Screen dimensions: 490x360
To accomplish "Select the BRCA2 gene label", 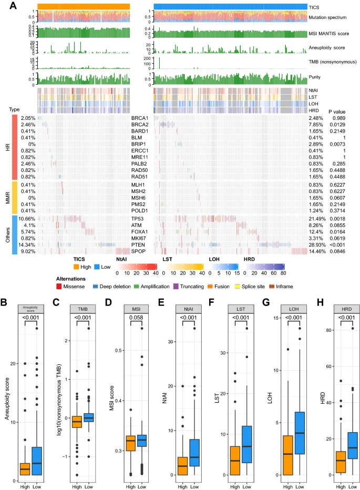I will coord(139,124).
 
